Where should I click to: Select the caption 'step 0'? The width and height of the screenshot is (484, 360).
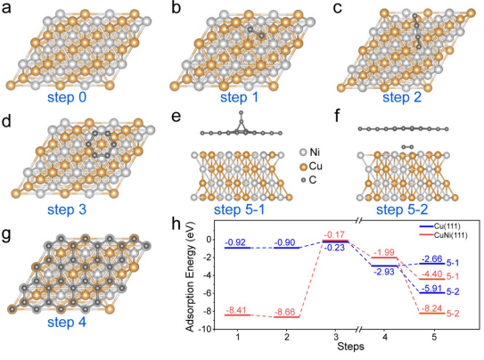pos(87,97)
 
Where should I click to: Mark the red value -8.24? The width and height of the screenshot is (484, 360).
pos(431,307)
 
